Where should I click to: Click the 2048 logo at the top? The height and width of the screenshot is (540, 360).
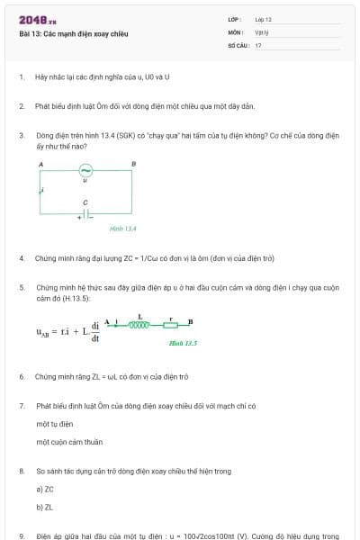pyautogui.click(x=37, y=20)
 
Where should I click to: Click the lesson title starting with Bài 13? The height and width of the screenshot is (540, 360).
pyautogui.click(x=74, y=33)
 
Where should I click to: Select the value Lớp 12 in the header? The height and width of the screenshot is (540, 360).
pyautogui.click(x=263, y=19)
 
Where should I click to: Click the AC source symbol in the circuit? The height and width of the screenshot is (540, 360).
pyautogui.click(x=85, y=170)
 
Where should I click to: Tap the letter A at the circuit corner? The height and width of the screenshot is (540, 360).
pyautogui.click(x=40, y=163)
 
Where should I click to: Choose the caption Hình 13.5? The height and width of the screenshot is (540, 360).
pyautogui.click(x=183, y=343)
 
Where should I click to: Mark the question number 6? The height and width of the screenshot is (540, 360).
pyautogui.click(x=22, y=376)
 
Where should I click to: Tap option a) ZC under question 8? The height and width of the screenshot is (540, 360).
pyautogui.click(x=45, y=488)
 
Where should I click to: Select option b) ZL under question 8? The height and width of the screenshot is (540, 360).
pyautogui.click(x=45, y=507)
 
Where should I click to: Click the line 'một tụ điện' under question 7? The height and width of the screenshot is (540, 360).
pyautogui.click(x=55, y=423)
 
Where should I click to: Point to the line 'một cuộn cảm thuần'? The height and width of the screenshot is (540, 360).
pyautogui.click(x=69, y=442)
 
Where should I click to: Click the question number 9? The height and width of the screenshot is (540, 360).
pyautogui.click(x=22, y=535)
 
